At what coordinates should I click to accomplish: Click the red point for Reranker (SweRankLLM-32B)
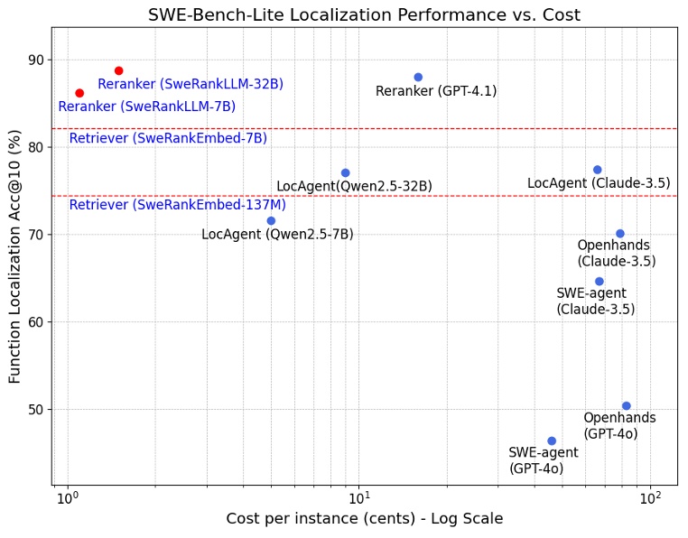[118, 70]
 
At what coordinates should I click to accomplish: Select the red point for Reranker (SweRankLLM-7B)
[79, 93]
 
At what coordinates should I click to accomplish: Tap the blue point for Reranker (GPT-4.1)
[418, 77]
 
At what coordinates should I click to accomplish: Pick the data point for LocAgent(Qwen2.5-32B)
[345, 172]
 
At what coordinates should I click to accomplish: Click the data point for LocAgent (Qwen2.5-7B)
[271, 220]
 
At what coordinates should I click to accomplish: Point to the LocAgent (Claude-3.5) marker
[597, 170]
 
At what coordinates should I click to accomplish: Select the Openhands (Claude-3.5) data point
[620, 234]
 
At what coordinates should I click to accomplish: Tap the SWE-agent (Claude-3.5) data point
[599, 282]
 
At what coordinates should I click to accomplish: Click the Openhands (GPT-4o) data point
[626, 406]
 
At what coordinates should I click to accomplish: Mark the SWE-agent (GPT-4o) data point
[552, 441]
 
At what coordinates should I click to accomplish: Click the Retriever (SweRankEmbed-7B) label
[168, 139]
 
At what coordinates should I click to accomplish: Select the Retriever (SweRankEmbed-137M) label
[177, 206]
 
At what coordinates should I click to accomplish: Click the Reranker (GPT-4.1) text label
[436, 91]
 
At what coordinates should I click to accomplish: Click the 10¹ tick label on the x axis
[359, 498]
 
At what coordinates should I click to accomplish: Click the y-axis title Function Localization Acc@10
[14, 255]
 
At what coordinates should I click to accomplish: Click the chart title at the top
[364, 14]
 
